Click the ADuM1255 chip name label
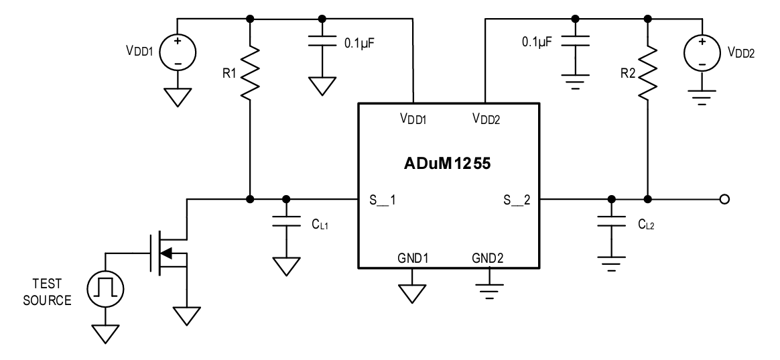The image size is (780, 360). tap(447, 163)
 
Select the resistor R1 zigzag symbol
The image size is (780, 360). tap(249, 71)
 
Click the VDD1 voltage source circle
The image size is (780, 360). tap(178, 52)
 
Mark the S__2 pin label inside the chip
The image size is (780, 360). tap(517, 200)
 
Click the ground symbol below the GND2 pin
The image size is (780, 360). tap(490, 288)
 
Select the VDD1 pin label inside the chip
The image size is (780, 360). tap(413, 119)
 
